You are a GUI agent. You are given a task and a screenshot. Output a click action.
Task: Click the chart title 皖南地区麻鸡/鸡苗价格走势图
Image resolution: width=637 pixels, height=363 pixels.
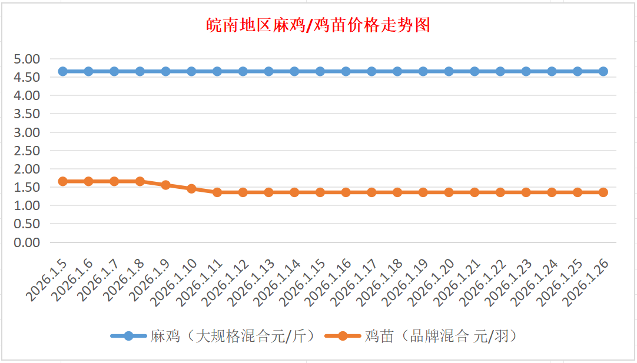(318, 25)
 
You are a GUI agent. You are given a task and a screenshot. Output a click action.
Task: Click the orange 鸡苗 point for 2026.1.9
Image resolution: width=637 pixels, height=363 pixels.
(165, 185)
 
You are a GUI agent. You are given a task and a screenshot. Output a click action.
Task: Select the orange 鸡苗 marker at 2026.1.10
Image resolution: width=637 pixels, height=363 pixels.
(191, 189)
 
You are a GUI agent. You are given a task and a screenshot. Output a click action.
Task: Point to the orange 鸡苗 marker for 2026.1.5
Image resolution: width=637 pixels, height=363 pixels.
(62, 181)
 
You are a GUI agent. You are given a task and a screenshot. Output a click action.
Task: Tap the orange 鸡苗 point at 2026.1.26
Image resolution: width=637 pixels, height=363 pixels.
(603, 192)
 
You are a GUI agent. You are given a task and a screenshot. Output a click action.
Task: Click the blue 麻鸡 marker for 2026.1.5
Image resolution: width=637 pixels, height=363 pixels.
(62, 71)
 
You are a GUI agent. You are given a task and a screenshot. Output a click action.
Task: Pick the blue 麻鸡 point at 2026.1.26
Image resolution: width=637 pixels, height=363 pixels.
(603, 71)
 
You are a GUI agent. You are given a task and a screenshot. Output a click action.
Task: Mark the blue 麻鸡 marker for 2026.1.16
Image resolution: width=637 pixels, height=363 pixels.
(346, 71)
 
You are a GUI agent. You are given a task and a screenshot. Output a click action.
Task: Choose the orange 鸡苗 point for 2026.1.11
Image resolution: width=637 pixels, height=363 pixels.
(217, 192)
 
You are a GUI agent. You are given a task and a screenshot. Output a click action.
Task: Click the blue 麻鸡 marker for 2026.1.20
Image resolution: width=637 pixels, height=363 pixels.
(449, 71)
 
